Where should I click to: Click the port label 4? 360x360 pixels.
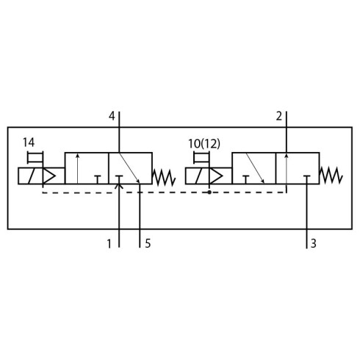[112, 116]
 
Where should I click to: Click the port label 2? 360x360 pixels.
[279, 116]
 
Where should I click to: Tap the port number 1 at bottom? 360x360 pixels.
[109, 244]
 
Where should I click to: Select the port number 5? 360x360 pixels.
[148, 244]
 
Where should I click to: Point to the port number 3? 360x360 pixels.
[314, 244]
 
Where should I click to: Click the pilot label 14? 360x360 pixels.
[29, 143]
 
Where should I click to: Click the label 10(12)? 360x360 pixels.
[204, 144]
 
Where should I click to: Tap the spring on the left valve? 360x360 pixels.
[164, 177]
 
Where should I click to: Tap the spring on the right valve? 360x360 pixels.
[331, 176]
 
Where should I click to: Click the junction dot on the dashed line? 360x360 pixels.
[209, 192]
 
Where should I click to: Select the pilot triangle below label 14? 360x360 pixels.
[49, 176]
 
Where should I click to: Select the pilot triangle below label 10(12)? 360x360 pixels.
[216, 176]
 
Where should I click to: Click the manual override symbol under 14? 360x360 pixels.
[35, 157]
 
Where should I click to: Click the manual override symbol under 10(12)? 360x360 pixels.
[201, 157]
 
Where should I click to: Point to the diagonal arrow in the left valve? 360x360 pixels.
[129, 168]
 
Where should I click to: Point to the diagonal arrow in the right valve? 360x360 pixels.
[255, 168]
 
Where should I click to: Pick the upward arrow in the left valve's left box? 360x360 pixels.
[77, 168]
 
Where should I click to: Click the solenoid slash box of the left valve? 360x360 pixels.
[31, 176]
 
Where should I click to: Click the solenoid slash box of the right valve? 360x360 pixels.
[198, 176]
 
